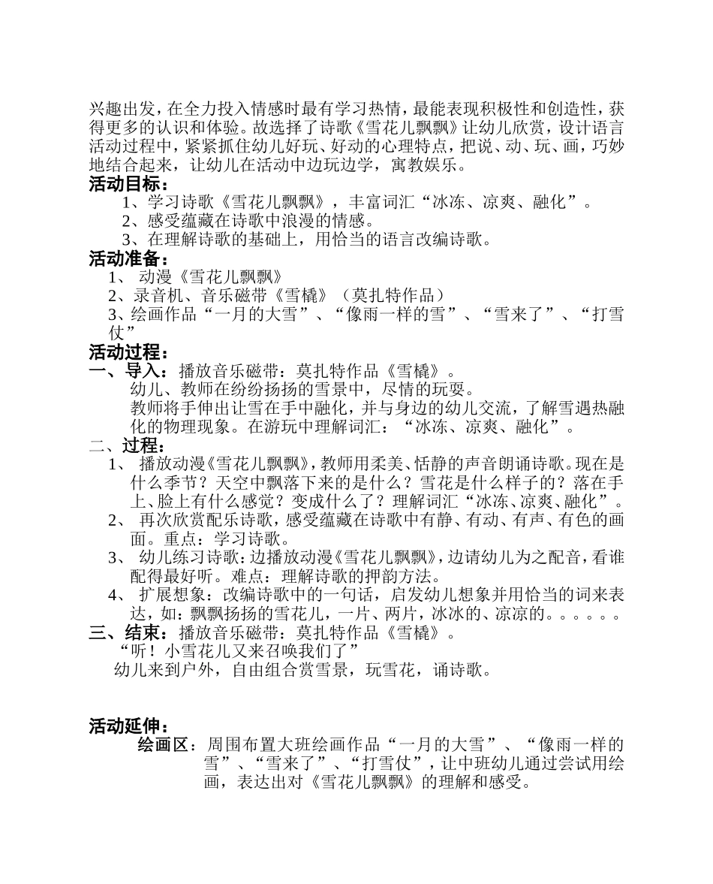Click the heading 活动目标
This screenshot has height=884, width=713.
[125, 185]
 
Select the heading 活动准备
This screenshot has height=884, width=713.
[125, 259]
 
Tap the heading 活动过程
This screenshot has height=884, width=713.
[125, 352]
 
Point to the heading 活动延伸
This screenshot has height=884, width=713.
[125, 726]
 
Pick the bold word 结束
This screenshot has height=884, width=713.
[142, 632]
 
